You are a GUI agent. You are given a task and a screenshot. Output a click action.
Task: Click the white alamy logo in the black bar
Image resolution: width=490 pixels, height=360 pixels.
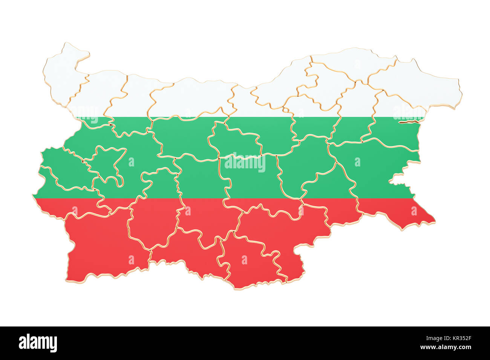(x=38, y=343)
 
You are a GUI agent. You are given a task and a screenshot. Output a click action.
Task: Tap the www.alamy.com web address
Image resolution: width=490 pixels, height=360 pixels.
(x=445, y=347)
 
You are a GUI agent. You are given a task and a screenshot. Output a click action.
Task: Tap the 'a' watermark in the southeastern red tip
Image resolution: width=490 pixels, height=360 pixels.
(x=414, y=211)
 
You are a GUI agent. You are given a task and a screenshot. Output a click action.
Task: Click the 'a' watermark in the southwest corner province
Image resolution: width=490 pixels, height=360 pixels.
(x=131, y=259)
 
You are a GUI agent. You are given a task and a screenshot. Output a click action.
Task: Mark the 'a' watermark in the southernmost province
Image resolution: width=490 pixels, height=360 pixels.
(x=244, y=259)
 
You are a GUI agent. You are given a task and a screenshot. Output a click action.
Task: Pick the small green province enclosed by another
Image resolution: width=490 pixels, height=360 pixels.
(x=107, y=164)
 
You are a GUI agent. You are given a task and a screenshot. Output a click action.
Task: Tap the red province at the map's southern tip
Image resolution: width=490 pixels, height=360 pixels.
(x=253, y=264)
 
